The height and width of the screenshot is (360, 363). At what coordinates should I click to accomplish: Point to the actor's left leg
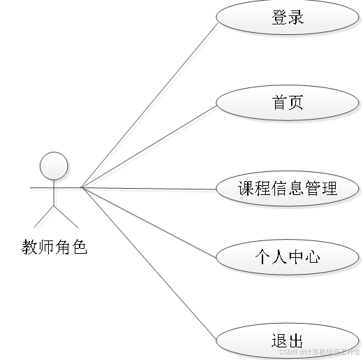coord(45,217)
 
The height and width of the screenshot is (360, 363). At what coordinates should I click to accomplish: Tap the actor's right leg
coord(68,217)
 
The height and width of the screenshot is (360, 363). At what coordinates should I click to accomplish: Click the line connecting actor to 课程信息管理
coord(150,189)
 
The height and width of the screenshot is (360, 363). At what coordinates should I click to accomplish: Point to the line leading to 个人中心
coord(150,224)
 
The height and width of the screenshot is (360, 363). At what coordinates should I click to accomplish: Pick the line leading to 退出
coord(150,262)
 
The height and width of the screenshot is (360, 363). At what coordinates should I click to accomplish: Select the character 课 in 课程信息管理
coord(246,189)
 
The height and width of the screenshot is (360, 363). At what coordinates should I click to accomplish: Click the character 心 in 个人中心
coord(313,258)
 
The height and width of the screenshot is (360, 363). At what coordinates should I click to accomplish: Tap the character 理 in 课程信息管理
coord(329,189)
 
